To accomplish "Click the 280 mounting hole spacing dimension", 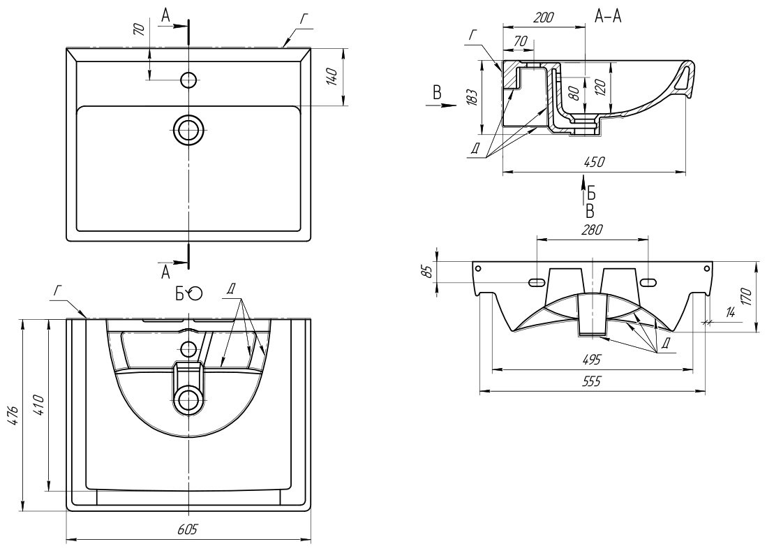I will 590,229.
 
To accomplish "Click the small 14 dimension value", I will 730,312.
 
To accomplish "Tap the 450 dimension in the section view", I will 593,162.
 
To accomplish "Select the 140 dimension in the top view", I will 333,76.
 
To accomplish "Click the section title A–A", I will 608,18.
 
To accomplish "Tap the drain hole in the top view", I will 188,130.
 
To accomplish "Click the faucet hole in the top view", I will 188,80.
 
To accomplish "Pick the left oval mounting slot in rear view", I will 537,282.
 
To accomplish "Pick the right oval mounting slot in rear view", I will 647,282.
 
